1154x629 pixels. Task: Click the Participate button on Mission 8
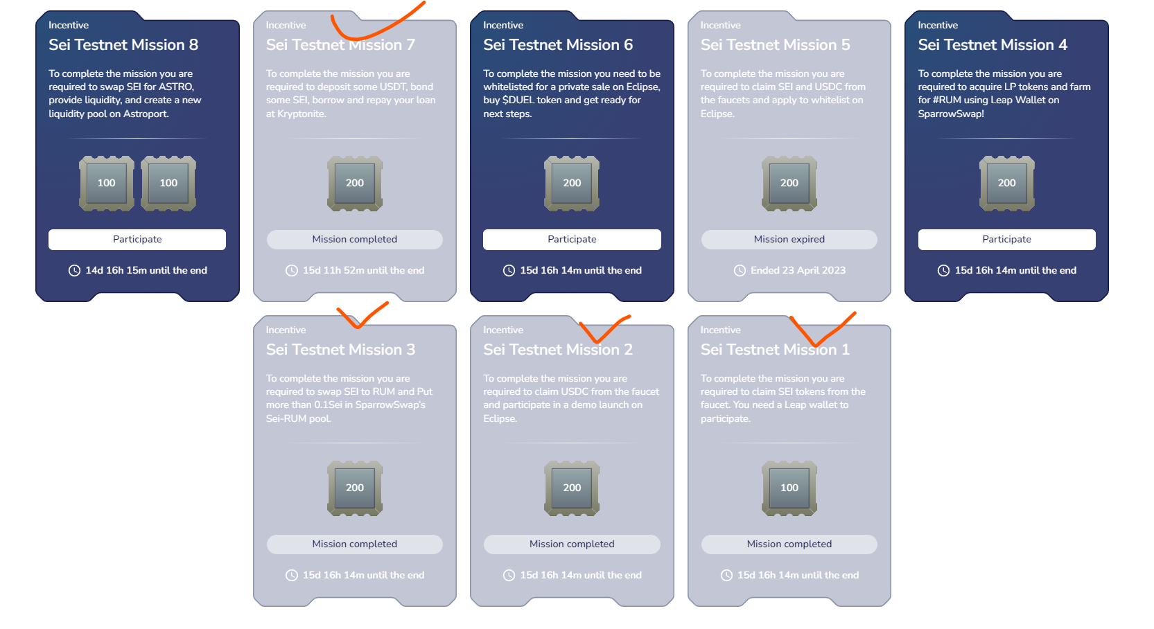[137, 240]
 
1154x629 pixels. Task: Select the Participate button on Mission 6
[572, 240]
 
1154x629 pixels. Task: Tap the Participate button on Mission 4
[1006, 240]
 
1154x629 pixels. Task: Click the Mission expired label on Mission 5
[789, 240]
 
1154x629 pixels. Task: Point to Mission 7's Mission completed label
[354, 240]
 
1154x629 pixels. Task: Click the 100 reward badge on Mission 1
[789, 488]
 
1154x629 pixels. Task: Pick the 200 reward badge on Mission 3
[354, 488]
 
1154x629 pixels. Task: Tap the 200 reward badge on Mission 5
[789, 184]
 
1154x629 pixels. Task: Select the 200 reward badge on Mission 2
[572, 488]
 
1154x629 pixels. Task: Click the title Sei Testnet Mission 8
[123, 45]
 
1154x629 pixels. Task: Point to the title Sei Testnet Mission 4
[993, 45]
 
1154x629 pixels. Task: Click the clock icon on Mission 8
[75, 270]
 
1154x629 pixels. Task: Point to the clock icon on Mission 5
[740, 270]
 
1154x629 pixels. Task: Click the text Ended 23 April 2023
[798, 270]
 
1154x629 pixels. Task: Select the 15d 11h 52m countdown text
[364, 270]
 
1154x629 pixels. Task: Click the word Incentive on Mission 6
[503, 25]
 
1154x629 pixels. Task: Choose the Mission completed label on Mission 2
[572, 544]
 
